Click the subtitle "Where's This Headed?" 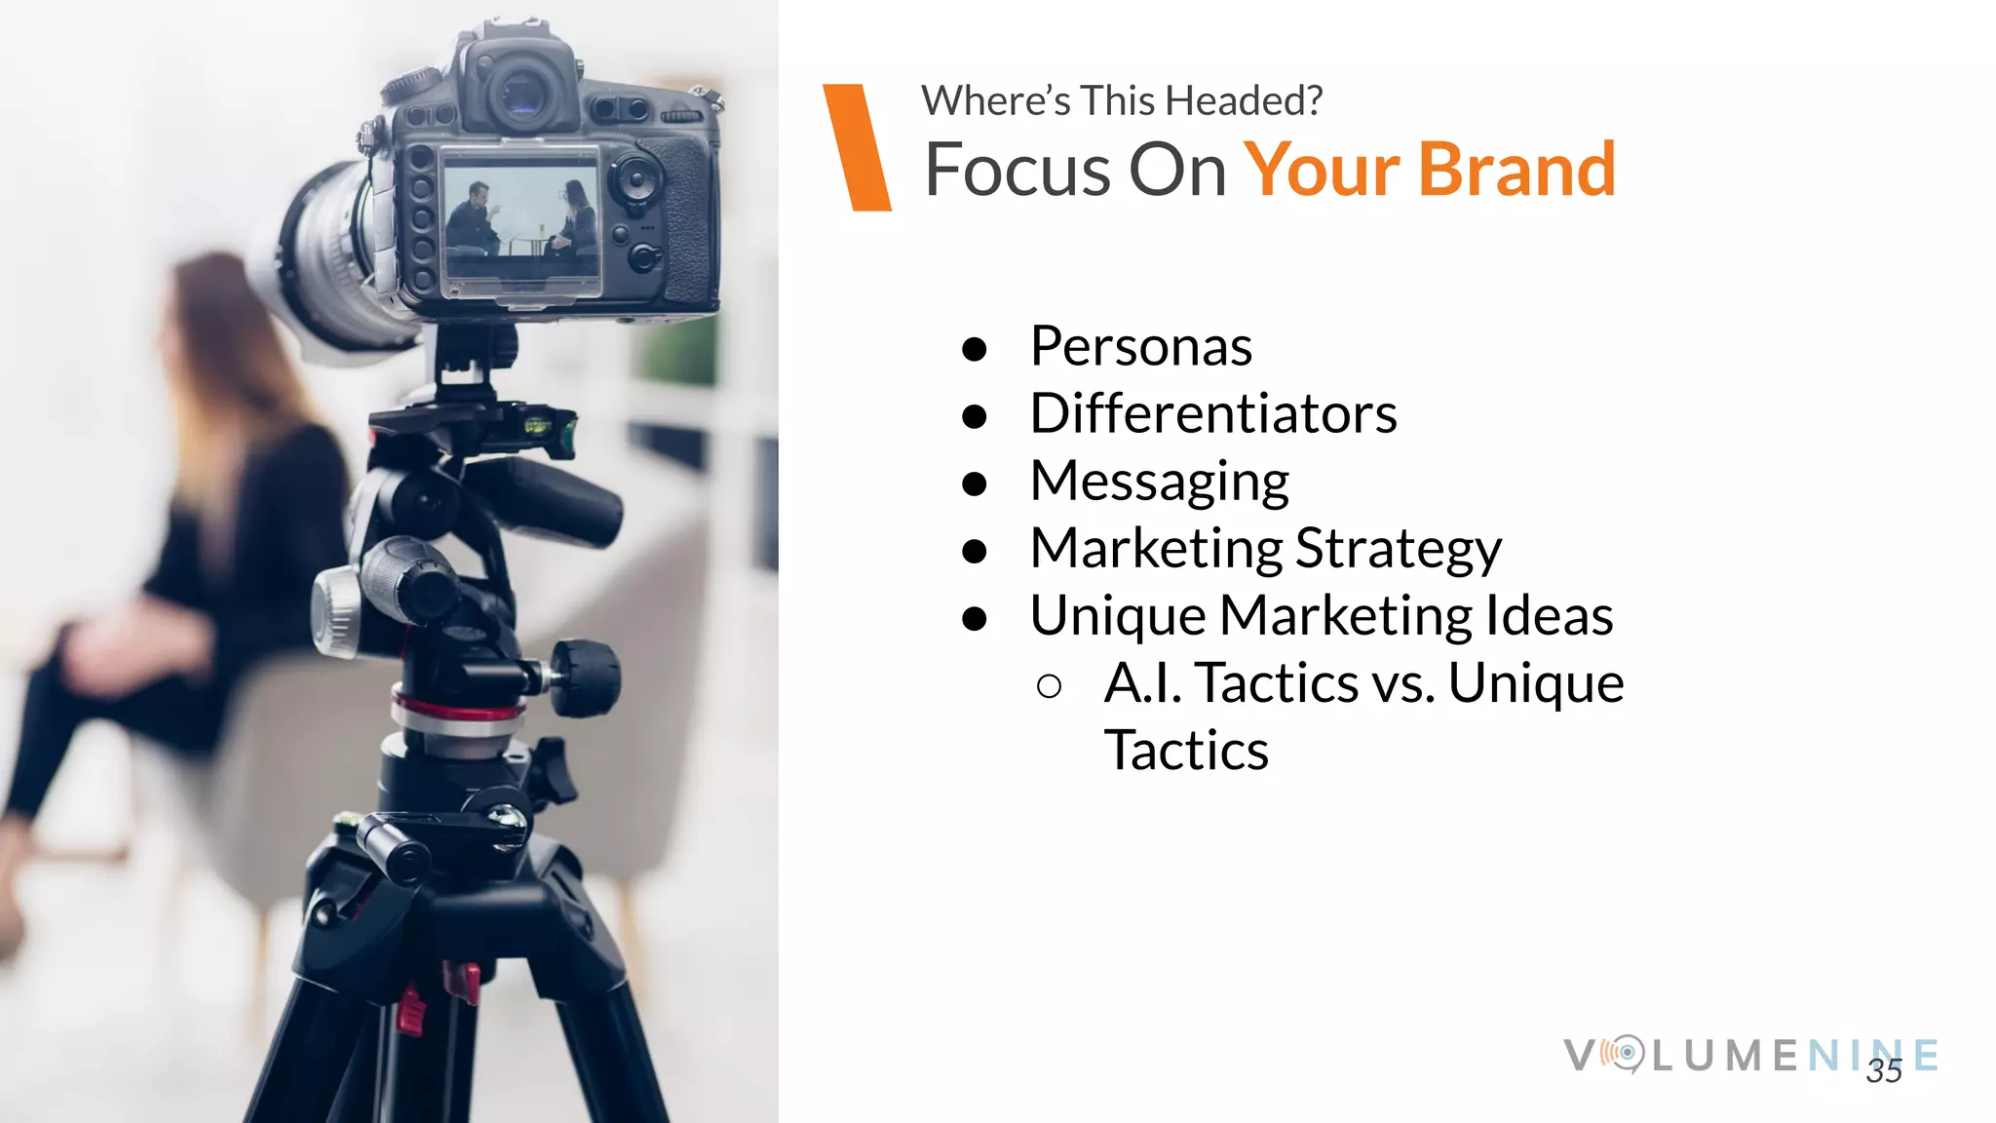coord(1122,101)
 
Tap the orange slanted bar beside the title coord(857,147)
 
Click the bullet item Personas coord(1140,347)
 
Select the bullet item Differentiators coord(1213,414)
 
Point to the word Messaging coord(1160,482)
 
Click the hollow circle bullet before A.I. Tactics coord(1050,686)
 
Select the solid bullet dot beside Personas coord(974,349)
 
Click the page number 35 coord(1883,1071)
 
